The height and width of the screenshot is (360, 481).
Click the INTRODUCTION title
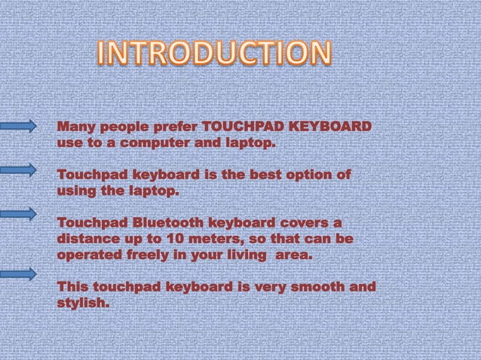coord(215,53)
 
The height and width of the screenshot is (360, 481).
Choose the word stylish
coord(83,304)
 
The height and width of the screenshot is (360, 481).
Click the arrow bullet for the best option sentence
coord(19,170)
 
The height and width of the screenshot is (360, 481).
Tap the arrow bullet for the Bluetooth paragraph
coord(19,214)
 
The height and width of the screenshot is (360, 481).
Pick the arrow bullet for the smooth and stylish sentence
coord(19,273)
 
